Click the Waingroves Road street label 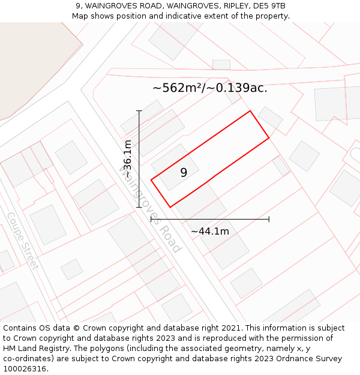click(151, 209)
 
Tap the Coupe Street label click(23, 241)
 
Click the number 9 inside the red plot click(184, 173)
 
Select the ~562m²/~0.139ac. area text click(210, 88)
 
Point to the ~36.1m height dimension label click(127, 158)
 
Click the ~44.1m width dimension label click(210, 231)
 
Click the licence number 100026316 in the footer click(26, 368)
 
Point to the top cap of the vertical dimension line click(139, 111)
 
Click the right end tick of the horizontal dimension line click(269, 219)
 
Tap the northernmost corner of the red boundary click(250, 111)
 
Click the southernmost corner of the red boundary click(170, 207)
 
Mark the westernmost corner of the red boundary click(151, 179)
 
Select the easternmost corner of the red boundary click(269, 138)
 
